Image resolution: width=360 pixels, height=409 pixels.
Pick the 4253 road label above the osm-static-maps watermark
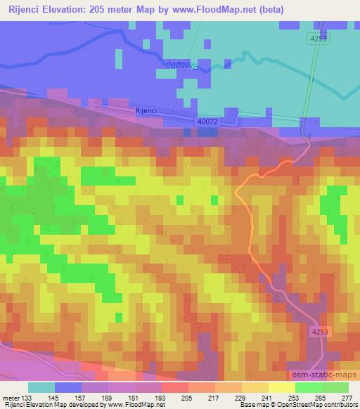click(320, 330)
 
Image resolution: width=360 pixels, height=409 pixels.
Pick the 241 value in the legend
click(267, 398)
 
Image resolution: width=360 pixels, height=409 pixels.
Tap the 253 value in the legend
click(294, 398)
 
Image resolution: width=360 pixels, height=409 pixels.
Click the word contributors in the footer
click(339, 405)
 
